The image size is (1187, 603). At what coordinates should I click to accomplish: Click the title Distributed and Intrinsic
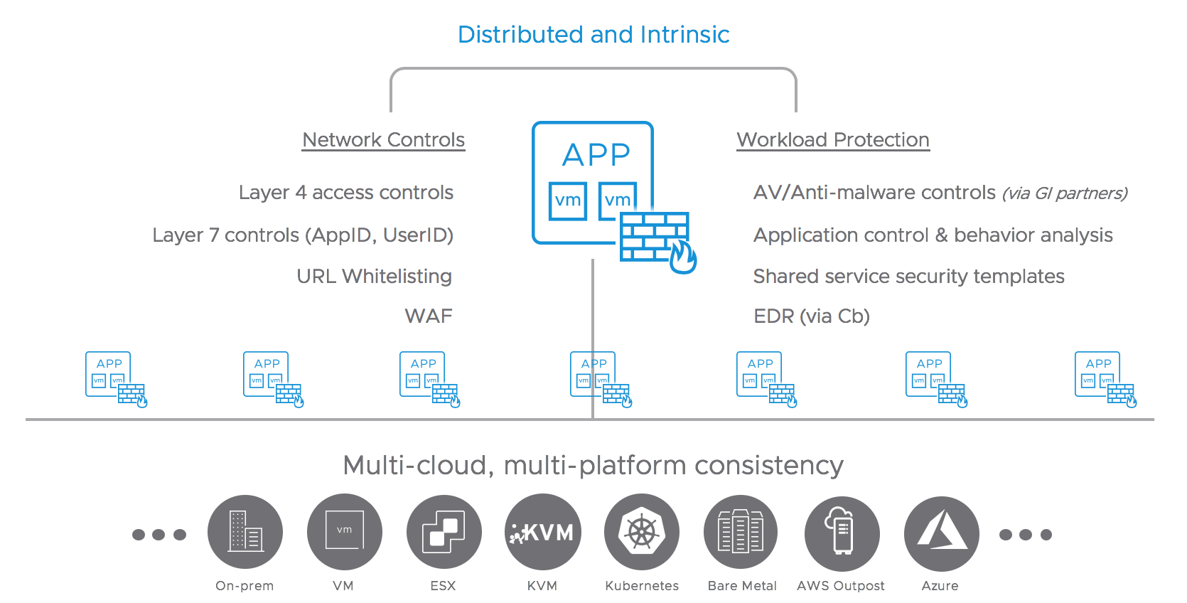[593, 34]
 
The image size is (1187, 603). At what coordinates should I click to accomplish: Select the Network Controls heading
[384, 139]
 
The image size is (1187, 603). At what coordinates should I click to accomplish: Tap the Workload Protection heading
[833, 139]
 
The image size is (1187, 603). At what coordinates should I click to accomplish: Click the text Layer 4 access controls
[346, 192]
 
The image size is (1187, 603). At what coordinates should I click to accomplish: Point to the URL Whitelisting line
[374, 276]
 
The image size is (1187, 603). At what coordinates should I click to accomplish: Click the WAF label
[428, 316]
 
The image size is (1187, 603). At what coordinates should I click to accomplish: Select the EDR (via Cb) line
[812, 316]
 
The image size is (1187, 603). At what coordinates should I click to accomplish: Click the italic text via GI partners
[1064, 193]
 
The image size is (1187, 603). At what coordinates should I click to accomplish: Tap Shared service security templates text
[908, 276]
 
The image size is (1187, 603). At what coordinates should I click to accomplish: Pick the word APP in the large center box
[596, 154]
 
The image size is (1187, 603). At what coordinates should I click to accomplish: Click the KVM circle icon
[543, 532]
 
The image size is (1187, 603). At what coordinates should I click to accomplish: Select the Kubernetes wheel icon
[642, 532]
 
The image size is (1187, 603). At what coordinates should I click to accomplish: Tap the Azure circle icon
[941, 533]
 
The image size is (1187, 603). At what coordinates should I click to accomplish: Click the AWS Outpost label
[841, 585]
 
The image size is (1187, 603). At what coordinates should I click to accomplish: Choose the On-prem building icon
[245, 532]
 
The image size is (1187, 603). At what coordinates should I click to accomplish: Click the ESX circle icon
[444, 532]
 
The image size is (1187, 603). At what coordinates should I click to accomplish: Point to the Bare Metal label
[742, 585]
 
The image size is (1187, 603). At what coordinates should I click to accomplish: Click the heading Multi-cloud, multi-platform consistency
[593, 465]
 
